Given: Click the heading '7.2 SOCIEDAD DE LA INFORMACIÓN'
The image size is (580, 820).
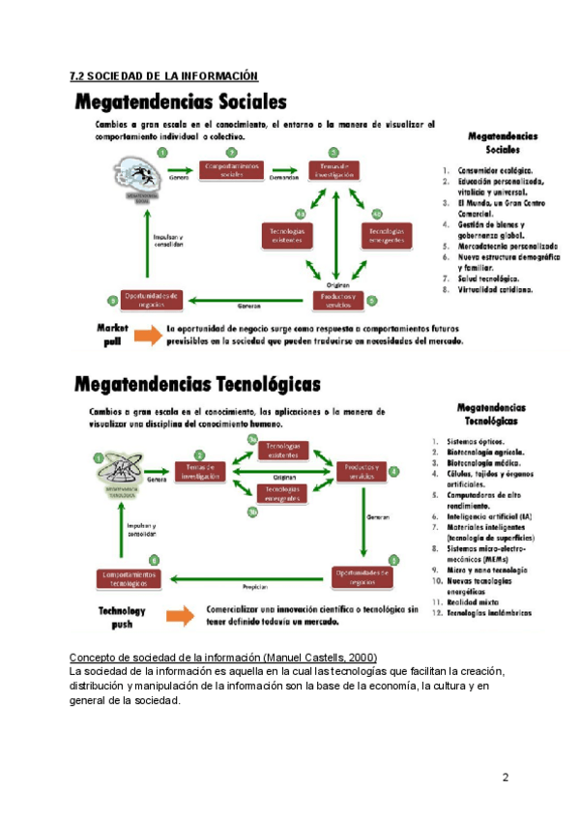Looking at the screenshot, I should point(165,75).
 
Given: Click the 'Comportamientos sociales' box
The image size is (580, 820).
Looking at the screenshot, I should point(231,170).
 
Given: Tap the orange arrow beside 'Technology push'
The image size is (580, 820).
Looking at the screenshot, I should point(180,616).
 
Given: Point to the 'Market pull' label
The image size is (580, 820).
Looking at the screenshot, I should point(112,334).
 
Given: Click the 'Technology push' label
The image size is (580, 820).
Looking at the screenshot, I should point(122,616).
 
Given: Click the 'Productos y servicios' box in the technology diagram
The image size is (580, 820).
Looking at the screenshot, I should point(361,472).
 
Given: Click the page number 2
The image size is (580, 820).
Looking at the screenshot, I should point(505,778).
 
